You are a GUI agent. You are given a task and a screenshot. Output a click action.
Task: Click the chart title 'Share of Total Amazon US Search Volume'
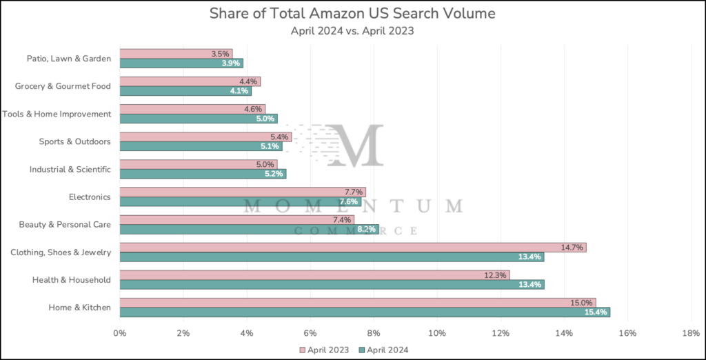pyautogui.click(x=352, y=14)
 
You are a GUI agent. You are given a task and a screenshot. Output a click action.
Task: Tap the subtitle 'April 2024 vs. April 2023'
pyautogui.click(x=352, y=30)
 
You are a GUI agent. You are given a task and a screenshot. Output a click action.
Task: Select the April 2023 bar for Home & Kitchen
pyautogui.click(x=357, y=302)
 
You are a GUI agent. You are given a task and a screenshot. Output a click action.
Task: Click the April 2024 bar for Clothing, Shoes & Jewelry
pyautogui.click(x=331, y=257)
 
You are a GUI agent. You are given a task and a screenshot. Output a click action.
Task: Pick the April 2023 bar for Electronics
pyautogui.click(x=242, y=192)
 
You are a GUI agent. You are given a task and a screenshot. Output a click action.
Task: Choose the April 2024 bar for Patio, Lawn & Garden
pyautogui.click(x=181, y=63)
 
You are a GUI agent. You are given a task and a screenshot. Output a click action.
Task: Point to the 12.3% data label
pyautogui.click(x=496, y=275)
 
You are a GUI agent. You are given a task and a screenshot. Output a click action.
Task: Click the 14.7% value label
pyautogui.click(x=572, y=248)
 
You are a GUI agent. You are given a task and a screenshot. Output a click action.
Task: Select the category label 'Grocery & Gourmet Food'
pyautogui.click(x=63, y=86)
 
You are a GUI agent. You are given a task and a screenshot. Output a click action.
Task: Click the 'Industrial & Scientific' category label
pyautogui.click(x=70, y=169)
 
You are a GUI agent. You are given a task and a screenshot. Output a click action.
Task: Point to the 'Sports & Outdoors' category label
pyautogui.click(x=74, y=141)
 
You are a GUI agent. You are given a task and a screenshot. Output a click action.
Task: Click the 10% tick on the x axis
pyautogui.click(x=437, y=334)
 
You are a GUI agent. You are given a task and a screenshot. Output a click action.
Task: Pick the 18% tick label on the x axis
pyautogui.click(x=691, y=334)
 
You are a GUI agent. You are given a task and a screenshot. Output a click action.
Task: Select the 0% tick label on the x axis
pyautogui.click(x=120, y=334)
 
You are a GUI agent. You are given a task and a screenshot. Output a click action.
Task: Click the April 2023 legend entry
pyautogui.click(x=325, y=350)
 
